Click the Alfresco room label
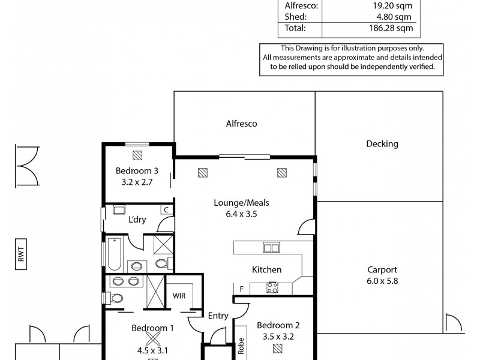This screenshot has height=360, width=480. (x=241, y=124)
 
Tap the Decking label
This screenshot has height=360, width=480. (x=382, y=144)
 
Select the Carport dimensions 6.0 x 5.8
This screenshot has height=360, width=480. (x=382, y=281)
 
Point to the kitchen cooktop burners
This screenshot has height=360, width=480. (x=271, y=287)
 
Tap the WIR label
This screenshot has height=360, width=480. (x=179, y=296)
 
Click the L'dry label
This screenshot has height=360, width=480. (x=137, y=220)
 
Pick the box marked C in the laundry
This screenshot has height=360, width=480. (x=166, y=209)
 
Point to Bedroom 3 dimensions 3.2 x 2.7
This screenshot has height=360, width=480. (x=137, y=181)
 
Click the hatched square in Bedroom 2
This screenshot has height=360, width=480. (x=278, y=348)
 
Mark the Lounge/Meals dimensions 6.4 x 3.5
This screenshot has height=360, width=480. (x=241, y=213)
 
